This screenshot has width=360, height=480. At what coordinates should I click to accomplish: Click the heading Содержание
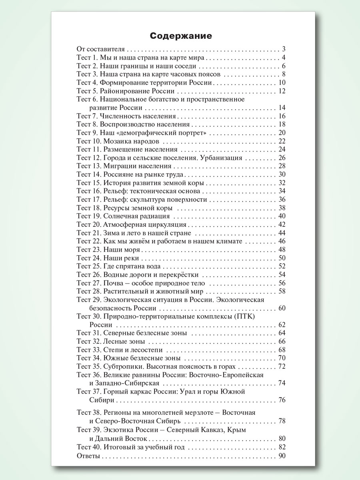(x=181, y=36)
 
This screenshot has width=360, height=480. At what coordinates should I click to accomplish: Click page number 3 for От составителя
(x=283, y=49)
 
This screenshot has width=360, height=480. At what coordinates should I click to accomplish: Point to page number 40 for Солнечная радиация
(x=282, y=216)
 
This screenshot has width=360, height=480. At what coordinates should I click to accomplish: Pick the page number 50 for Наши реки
(x=282, y=258)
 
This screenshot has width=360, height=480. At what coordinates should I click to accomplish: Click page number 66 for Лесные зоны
(x=282, y=341)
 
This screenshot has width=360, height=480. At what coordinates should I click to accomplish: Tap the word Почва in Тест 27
(x=113, y=283)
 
